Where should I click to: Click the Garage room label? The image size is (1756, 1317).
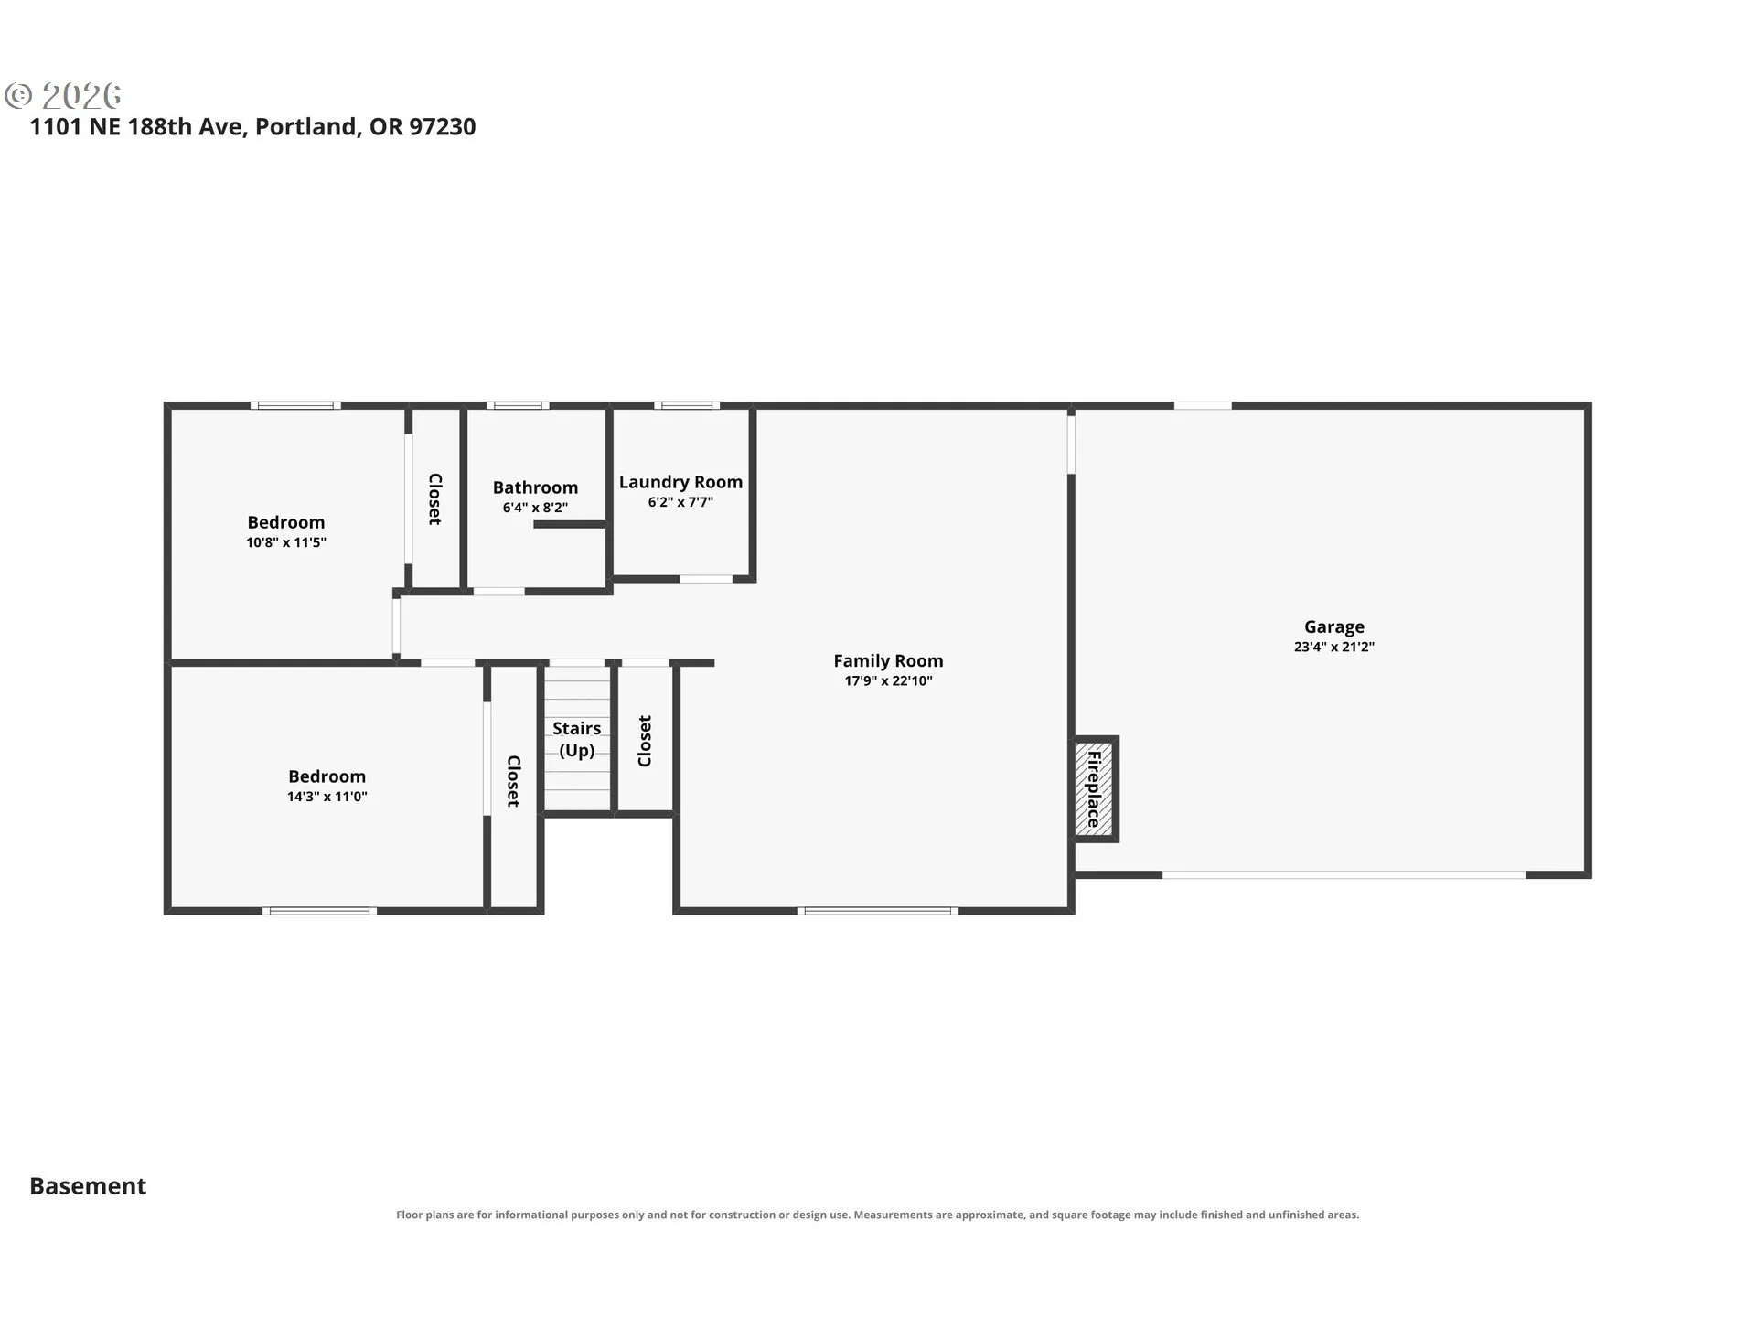[x=1333, y=626]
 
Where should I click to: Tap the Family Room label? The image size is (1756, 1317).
[x=888, y=660]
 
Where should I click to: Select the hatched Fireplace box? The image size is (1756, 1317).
[x=1094, y=788]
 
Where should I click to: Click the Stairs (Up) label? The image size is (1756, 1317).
[x=576, y=739]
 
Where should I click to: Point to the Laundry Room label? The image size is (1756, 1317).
[x=680, y=482]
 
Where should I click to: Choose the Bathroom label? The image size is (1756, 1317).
[x=535, y=487]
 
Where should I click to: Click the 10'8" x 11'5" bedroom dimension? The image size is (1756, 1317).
[x=286, y=542]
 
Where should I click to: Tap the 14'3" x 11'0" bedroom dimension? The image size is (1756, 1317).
[x=327, y=797]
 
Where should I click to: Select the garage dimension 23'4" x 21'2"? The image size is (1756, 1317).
[x=1333, y=647]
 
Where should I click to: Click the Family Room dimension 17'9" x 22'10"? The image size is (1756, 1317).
[x=888, y=680]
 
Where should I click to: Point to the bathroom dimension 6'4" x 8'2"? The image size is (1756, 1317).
[x=535, y=508]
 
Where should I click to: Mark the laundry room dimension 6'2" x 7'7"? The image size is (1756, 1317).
[x=680, y=502]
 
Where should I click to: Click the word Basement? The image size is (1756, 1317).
[x=88, y=1186]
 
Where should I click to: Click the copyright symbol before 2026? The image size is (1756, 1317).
[x=18, y=95]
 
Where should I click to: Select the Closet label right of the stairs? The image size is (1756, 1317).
[x=645, y=741]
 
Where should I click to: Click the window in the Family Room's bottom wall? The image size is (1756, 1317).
[x=878, y=911]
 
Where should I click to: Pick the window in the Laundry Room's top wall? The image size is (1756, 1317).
[x=687, y=405]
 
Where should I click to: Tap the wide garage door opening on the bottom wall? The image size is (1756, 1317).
[x=1344, y=875]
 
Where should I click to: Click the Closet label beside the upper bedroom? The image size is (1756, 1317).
[x=435, y=499]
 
